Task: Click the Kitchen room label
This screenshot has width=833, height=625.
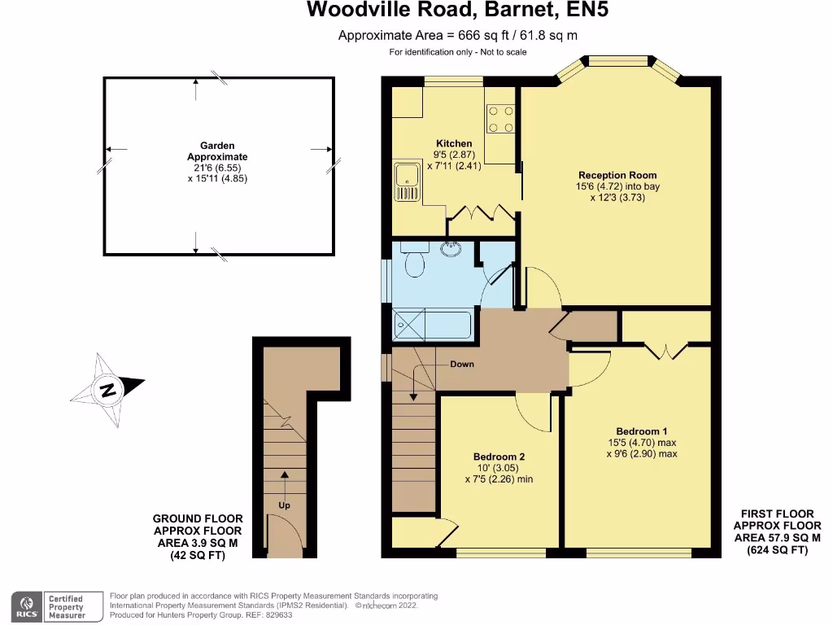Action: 453,144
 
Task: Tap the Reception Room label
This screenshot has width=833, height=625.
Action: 617,175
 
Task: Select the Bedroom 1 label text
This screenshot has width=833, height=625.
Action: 642,431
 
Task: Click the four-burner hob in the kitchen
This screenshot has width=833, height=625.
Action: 500,119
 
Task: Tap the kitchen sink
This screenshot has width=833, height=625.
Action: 404,181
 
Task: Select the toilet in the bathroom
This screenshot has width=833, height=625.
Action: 412,264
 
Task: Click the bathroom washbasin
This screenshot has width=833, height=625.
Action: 449,249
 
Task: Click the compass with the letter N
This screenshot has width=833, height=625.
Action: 107,389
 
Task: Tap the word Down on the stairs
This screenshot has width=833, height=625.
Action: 462,365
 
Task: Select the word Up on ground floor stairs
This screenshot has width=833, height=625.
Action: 284,505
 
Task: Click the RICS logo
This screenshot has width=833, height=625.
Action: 29,606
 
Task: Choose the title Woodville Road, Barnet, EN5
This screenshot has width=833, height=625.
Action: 457,11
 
